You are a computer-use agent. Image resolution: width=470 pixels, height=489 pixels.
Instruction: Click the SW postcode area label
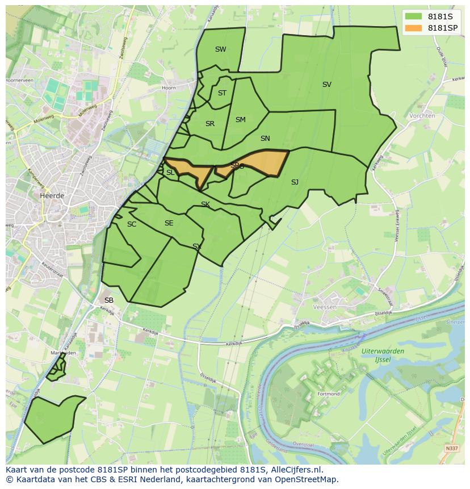pyautogui.click(x=220, y=49)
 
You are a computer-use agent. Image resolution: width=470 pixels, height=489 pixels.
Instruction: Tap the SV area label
pyautogui.click(x=326, y=85)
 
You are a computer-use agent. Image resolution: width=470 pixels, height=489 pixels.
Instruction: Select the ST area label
pyautogui.click(x=222, y=93)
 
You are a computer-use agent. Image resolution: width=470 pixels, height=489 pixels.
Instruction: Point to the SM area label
pyautogui.click(x=240, y=120)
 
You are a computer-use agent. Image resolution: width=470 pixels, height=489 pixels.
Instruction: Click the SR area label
pyautogui.click(x=210, y=124)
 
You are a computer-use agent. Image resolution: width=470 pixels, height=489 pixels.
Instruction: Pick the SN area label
pyautogui.click(x=265, y=139)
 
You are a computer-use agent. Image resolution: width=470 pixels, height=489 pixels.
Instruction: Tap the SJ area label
pyautogui.click(x=295, y=182)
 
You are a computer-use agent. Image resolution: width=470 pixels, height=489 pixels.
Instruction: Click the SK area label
pyautogui.click(x=205, y=204)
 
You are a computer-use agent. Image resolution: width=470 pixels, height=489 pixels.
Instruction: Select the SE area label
pyautogui.click(x=169, y=223)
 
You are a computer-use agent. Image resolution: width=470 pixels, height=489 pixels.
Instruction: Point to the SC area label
pyautogui.click(x=132, y=224)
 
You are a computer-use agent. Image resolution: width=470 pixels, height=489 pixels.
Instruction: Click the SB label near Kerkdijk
pyautogui.click(x=109, y=300)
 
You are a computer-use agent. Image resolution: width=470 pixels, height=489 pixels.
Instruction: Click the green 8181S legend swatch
pyautogui.click(x=414, y=16)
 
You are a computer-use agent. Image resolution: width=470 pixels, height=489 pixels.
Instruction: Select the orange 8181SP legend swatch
pyautogui.click(x=414, y=28)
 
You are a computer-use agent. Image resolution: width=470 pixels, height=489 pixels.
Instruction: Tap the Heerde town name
pyautogui.click(x=52, y=195)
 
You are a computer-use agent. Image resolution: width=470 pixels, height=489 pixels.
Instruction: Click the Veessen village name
pyautogui.click(x=325, y=307)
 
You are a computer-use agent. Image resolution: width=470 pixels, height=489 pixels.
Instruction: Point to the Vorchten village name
pyautogui.click(x=422, y=116)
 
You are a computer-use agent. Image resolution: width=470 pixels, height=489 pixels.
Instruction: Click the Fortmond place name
pyautogui.click(x=328, y=394)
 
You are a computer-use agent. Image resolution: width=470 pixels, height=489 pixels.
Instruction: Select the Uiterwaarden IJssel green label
pyautogui.click(x=383, y=355)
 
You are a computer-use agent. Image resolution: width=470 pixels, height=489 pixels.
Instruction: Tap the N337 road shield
pyautogui.click(x=451, y=449)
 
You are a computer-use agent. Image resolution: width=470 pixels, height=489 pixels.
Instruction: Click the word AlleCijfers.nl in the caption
pyautogui.click(x=296, y=470)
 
